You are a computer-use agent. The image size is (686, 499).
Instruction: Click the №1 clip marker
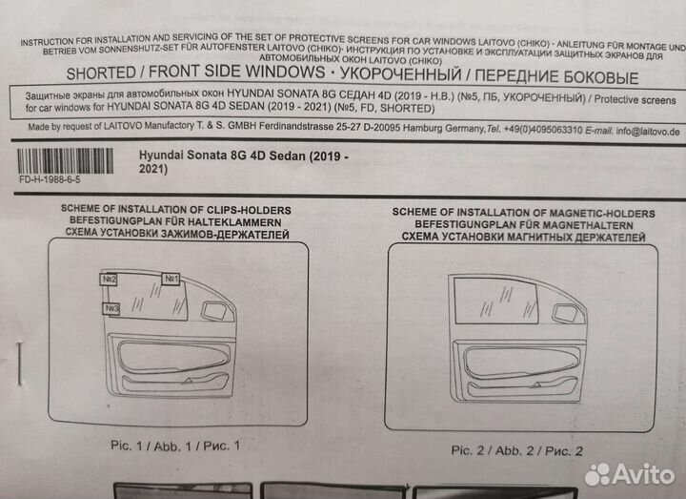point(171,279)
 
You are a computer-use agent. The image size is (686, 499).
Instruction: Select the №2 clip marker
point(109,279)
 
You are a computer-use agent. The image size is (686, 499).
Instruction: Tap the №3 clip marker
point(111,309)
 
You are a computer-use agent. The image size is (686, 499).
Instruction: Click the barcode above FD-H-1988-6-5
point(65,161)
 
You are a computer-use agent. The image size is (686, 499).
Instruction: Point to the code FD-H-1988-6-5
point(50,179)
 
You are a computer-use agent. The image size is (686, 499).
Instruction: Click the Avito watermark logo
point(629,474)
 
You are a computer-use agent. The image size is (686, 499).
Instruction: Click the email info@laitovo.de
point(648,132)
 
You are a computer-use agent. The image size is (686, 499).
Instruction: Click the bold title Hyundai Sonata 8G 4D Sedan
point(222,156)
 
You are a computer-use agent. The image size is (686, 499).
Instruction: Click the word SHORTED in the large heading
point(101,73)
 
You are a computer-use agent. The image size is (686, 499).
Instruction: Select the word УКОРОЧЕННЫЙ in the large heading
point(401,74)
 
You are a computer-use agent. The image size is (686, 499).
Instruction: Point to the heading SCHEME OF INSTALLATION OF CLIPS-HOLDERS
point(176,210)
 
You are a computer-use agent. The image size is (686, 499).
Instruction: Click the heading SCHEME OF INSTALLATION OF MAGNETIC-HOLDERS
point(524,214)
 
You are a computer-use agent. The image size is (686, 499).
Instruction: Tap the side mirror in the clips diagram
point(214,310)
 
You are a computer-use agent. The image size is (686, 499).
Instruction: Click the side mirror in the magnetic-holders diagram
point(565,313)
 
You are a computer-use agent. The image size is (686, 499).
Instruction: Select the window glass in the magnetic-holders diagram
point(495,302)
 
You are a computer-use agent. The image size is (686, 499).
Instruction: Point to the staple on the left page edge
point(19,364)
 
